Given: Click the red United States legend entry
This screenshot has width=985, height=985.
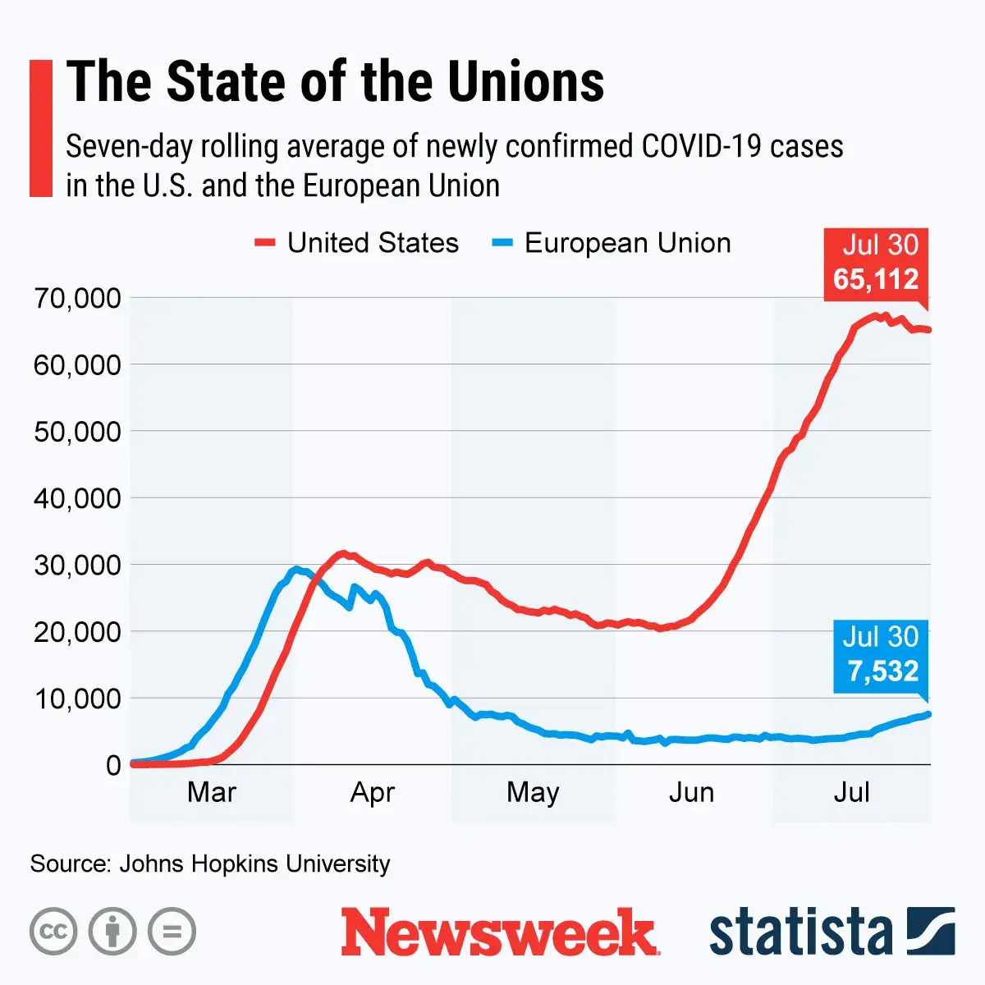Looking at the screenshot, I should pyautogui.click(x=358, y=243).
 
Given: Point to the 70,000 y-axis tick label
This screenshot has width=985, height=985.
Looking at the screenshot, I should pyautogui.click(x=77, y=298).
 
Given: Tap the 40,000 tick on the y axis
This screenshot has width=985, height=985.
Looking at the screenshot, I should pyautogui.click(x=77, y=498).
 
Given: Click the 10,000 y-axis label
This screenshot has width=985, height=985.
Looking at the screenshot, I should pyautogui.click(x=77, y=699).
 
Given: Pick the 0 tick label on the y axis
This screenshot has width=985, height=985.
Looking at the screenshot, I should pyautogui.click(x=113, y=765).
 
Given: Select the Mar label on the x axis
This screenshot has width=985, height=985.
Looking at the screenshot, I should pyautogui.click(x=212, y=792).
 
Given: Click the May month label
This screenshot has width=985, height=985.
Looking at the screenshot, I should pyautogui.click(x=533, y=792).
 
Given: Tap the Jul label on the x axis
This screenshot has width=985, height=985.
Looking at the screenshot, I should pyautogui.click(x=851, y=792).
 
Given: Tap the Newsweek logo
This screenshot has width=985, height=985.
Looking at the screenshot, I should pyautogui.click(x=500, y=932).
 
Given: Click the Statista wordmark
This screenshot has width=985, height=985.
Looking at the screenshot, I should pyautogui.click(x=800, y=932).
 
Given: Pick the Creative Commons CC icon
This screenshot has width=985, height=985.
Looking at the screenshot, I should pyautogui.click(x=53, y=932).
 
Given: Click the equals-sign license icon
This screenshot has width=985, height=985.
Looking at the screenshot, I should pyautogui.click(x=172, y=932).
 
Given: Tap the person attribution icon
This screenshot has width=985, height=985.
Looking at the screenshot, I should pyautogui.click(x=112, y=932).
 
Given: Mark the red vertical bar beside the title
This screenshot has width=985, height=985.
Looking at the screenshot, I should pyautogui.click(x=41, y=128).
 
